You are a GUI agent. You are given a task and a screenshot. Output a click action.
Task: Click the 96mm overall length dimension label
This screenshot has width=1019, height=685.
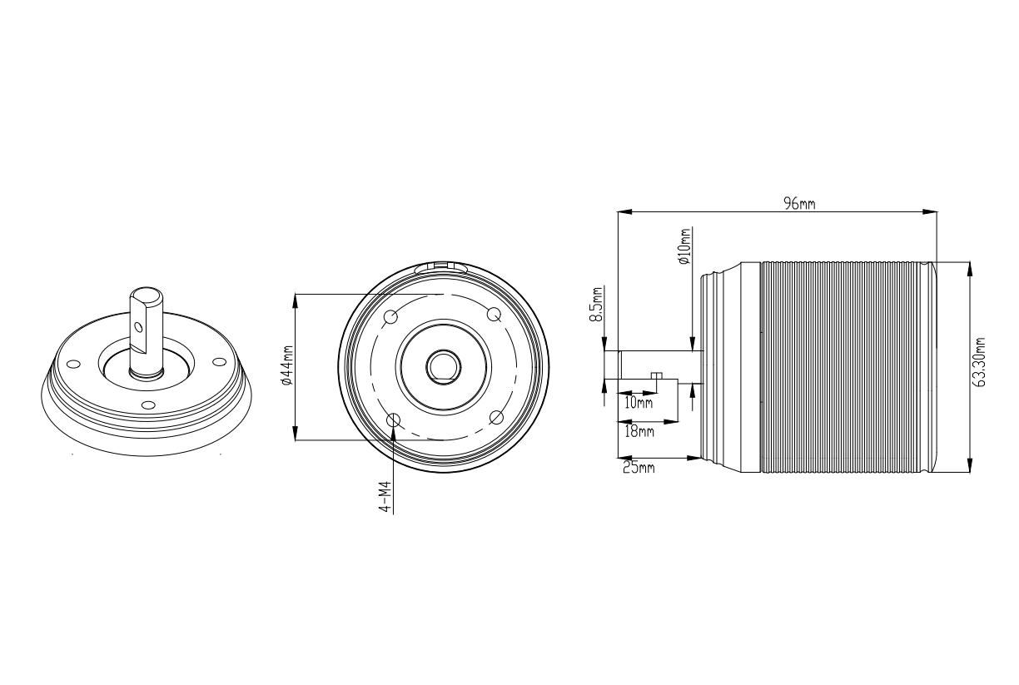[x=799, y=203]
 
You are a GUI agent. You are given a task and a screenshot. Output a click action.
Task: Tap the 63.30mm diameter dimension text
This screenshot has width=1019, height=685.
[x=978, y=362]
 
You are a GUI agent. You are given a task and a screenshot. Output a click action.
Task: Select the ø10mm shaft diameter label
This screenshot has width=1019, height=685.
[x=684, y=246]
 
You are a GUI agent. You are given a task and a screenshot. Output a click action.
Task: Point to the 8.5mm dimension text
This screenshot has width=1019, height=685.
[x=596, y=304]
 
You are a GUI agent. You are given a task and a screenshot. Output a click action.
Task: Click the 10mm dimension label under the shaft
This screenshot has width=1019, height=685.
[x=639, y=403]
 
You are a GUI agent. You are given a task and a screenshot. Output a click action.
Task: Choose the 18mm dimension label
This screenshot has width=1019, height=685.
[x=639, y=431]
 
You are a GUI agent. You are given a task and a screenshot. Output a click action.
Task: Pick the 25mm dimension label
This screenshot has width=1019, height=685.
[x=639, y=467]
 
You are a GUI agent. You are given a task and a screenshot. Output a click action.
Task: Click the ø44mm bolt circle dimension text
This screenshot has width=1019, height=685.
[x=287, y=365]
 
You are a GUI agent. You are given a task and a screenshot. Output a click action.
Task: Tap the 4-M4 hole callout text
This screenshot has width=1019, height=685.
[x=385, y=497]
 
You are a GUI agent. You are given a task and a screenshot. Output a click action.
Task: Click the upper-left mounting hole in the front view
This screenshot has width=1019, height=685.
[x=390, y=316]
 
